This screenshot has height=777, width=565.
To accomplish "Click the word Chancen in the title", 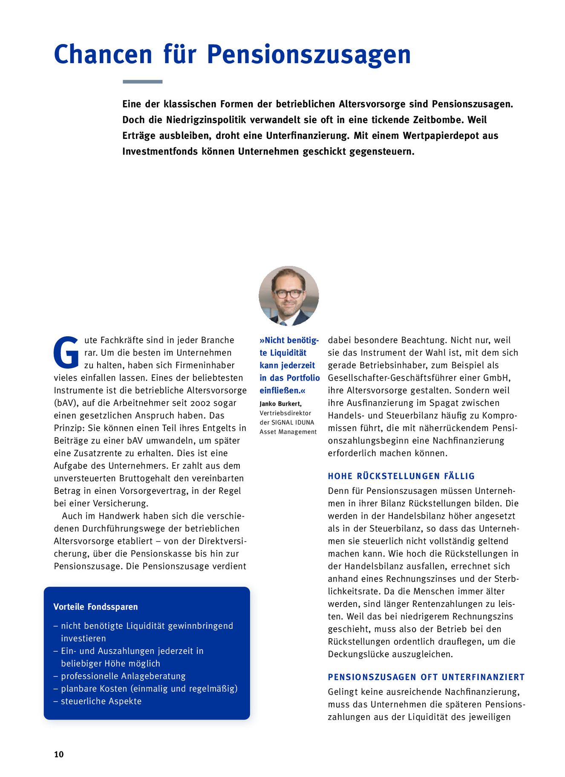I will pos(103,55).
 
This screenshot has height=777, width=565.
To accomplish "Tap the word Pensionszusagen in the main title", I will pos(308,55).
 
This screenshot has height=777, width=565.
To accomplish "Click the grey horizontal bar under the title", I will pos(142,81).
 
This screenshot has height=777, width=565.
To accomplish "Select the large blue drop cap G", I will pos(66,353).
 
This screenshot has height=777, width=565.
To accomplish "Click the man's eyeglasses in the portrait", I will pos(288,294).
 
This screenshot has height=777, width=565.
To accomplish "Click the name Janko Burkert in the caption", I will pos(280,404).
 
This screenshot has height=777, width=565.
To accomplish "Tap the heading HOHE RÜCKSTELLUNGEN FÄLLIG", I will pos(401,476).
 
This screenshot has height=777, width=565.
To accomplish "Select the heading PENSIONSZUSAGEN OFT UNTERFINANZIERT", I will pos(426,677).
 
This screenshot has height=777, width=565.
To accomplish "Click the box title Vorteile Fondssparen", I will pos(95,607).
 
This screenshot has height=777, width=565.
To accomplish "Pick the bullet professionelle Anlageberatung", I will pos(123,676).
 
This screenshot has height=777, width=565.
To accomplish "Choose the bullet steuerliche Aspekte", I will pos(101,701).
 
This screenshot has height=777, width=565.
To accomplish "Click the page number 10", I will pos(59,754).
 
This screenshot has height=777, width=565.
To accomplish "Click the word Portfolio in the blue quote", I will pos(303,378).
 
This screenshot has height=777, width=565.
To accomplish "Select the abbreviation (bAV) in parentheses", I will pos(64,403).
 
